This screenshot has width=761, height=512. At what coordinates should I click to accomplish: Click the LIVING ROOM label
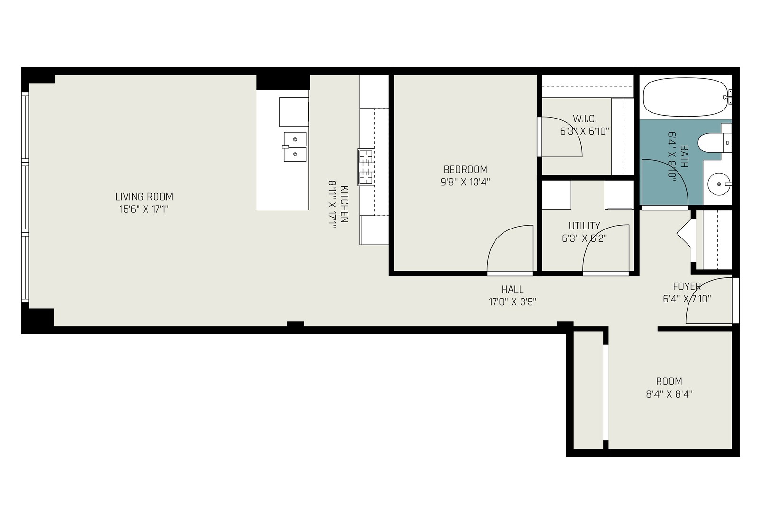click(144, 196)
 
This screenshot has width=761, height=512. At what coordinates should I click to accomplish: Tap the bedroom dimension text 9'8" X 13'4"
click(465, 182)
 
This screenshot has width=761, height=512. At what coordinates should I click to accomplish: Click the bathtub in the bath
click(685, 97)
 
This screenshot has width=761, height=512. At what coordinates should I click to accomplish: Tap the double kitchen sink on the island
click(295, 147)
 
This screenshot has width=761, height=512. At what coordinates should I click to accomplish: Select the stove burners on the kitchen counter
click(366, 167)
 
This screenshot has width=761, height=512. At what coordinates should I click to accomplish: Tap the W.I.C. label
click(584, 119)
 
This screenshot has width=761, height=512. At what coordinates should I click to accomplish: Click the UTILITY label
click(584, 226)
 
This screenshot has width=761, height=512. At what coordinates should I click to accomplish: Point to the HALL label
click(513, 289)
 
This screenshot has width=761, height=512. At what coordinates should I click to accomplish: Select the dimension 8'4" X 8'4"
click(669, 394)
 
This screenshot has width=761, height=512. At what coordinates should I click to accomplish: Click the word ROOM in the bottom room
click(669, 381)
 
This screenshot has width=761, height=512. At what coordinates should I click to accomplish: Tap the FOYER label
click(687, 286)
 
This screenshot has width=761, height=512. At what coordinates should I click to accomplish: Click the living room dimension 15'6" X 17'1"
click(144, 209)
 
